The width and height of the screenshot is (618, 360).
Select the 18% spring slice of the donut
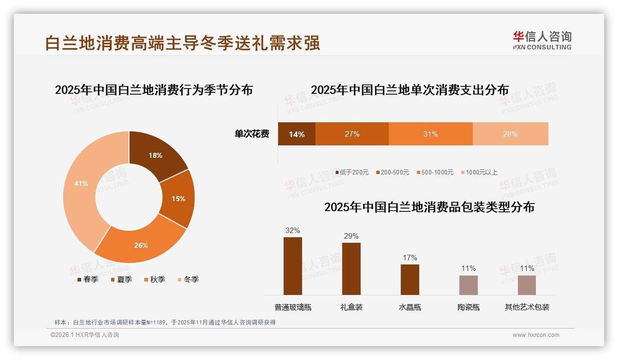coord(155,155)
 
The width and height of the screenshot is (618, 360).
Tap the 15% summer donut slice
coord(178,198)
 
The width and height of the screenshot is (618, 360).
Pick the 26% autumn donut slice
coord(141,245)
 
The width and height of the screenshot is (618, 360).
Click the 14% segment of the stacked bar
coord(297,134)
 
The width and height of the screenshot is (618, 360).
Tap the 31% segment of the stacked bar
coord(430,134)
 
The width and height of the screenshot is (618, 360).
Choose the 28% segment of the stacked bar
coord(510,134)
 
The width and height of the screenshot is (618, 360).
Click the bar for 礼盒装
coord(351,269)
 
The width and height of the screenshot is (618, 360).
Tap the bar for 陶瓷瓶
coord(468,285)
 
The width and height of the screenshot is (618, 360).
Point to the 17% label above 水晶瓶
coord(410,258)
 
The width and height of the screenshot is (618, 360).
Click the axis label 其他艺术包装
coord(527,307)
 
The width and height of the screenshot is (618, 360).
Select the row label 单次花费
coord(252,134)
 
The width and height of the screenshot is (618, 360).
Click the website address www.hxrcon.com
coord(536,335)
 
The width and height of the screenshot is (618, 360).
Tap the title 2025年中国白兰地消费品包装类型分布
coord(429,207)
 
